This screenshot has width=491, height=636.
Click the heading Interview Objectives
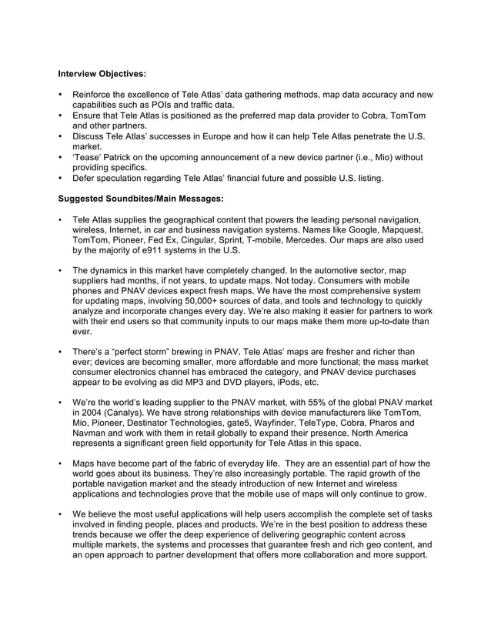102,75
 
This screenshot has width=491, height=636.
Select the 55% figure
318,402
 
